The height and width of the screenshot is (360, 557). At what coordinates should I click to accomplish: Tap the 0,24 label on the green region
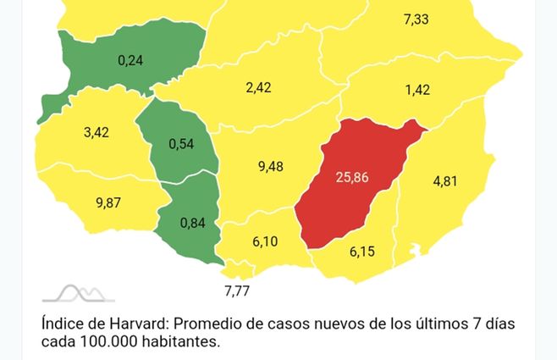(131, 60)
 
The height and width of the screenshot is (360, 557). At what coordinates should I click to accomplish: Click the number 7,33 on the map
(416, 18)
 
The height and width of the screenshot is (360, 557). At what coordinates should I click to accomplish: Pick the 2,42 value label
(259, 87)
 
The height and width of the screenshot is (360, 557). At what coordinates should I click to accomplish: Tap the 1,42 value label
(418, 89)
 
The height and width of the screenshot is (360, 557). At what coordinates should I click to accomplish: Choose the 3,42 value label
(97, 133)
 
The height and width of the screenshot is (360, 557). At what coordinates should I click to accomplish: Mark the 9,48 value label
(270, 166)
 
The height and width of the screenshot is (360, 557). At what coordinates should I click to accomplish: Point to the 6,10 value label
(265, 241)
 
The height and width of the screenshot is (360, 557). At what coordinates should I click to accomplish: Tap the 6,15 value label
(364, 252)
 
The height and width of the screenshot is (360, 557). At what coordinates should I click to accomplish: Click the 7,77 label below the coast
(238, 291)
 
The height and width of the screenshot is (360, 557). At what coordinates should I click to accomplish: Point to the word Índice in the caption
(62, 324)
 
